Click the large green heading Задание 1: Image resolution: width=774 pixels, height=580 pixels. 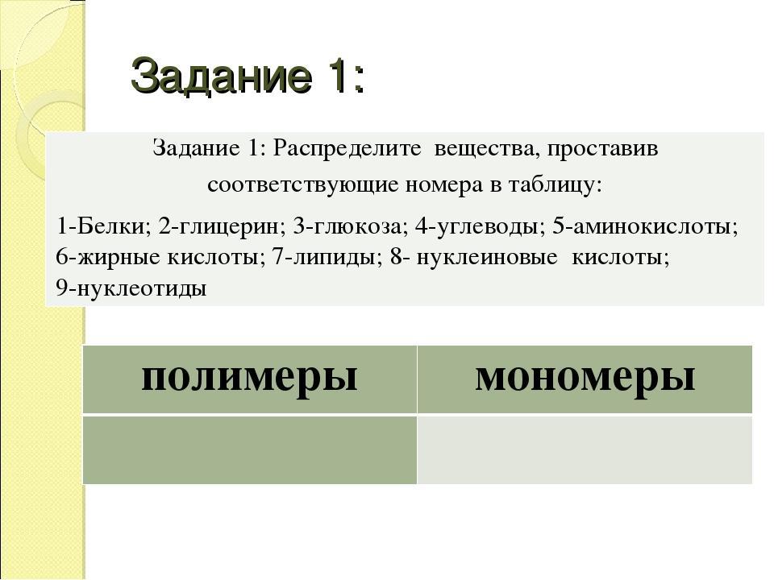pyautogui.click(x=248, y=77)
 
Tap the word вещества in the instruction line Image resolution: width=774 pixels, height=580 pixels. pyautogui.click(x=486, y=148)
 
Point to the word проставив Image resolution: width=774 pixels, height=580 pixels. pyautogui.click(x=602, y=148)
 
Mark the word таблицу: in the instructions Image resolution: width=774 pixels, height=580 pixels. pyautogui.click(x=556, y=185)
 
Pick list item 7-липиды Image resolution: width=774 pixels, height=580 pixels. pyautogui.click(x=327, y=258)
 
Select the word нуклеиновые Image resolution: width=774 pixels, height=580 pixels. pyautogui.click(x=487, y=258)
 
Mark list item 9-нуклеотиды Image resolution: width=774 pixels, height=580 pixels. pyautogui.click(x=131, y=288)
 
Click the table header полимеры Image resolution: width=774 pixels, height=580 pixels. pyautogui.click(x=249, y=379)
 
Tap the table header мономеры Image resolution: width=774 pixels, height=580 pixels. pyautogui.click(x=585, y=379)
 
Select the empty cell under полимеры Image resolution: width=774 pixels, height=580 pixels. pyautogui.click(x=249, y=449)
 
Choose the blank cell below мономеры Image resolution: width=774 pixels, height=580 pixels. pyautogui.click(x=585, y=449)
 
